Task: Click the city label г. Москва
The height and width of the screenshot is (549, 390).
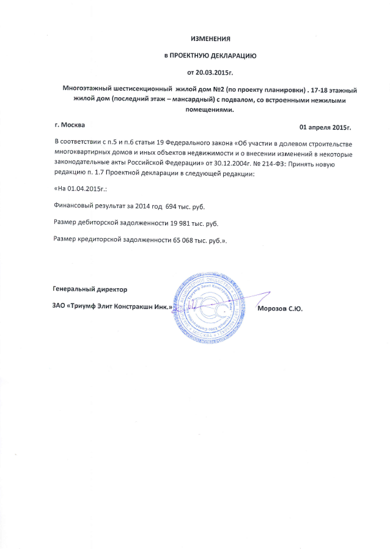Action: pos(70,125)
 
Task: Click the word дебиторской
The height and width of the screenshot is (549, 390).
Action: pos(102,223)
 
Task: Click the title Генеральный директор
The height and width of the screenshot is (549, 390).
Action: pos(90,288)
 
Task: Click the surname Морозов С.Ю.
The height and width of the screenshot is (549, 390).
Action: pos(281,307)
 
